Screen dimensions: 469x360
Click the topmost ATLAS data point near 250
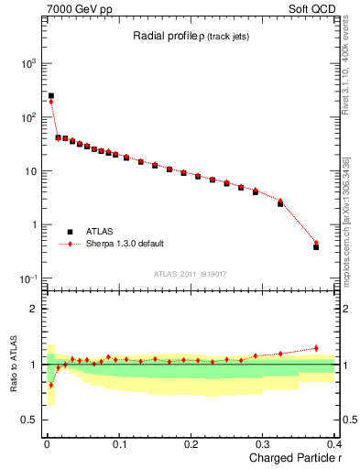click(x=51, y=95)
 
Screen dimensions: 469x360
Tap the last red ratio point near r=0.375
click(x=316, y=348)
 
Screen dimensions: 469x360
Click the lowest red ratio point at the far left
click(x=51, y=385)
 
